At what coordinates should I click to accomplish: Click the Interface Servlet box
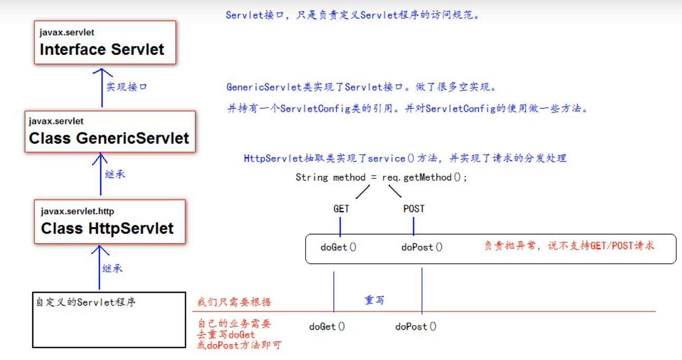(x=105, y=43)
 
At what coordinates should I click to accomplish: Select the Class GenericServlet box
(x=110, y=132)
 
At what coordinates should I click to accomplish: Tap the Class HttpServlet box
(x=110, y=222)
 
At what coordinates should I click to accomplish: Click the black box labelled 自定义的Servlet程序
(x=109, y=320)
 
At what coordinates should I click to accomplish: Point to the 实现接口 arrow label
(x=127, y=87)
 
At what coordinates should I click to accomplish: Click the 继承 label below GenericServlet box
(x=115, y=174)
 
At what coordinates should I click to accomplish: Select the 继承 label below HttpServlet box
(x=112, y=268)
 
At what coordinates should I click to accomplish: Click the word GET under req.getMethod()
(x=341, y=209)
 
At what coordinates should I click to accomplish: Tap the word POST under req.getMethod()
(x=413, y=209)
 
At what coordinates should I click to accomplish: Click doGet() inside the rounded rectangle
(x=338, y=247)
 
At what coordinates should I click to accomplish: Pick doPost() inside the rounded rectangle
(x=422, y=247)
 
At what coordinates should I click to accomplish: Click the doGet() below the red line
(x=327, y=327)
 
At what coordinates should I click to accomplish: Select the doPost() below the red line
(x=416, y=327)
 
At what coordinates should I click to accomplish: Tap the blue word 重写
(x=374, y=300)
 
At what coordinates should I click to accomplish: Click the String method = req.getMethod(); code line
(x=381, y=177)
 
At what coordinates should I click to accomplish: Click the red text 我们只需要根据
(x=234, y=302)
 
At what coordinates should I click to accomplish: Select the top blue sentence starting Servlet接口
(x=352, y=15)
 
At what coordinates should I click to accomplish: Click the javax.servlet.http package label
(x=77, y=211)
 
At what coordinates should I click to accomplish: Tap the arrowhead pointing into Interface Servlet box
(x=101, y=70)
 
